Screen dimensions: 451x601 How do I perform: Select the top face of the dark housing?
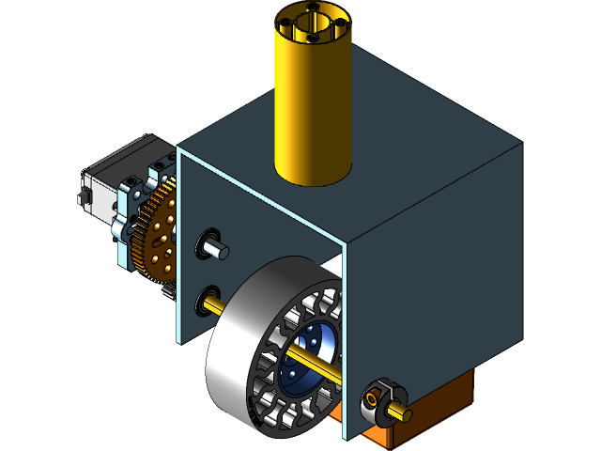[413, 132]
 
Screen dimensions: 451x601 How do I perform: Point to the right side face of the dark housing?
[432, 282]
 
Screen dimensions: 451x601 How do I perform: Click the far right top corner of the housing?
[521, 144]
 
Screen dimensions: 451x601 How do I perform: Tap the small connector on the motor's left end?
[83, 197]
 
